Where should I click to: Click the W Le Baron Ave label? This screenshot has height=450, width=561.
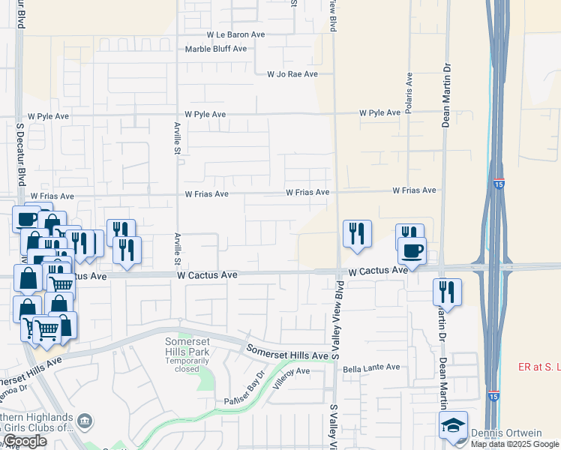coord(236,34)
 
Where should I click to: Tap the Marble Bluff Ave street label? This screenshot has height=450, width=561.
coord(217,49)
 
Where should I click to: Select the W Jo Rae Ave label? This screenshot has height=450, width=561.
coord(292,74)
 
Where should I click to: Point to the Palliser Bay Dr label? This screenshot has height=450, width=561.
coord(245,391)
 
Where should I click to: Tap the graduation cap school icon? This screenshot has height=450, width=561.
coord(454,426)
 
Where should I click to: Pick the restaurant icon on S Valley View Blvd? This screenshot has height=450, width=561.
coord(356,233)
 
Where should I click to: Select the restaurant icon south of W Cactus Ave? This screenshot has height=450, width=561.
coord(447,292)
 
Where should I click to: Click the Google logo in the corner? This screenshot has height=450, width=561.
coord(25,441)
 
